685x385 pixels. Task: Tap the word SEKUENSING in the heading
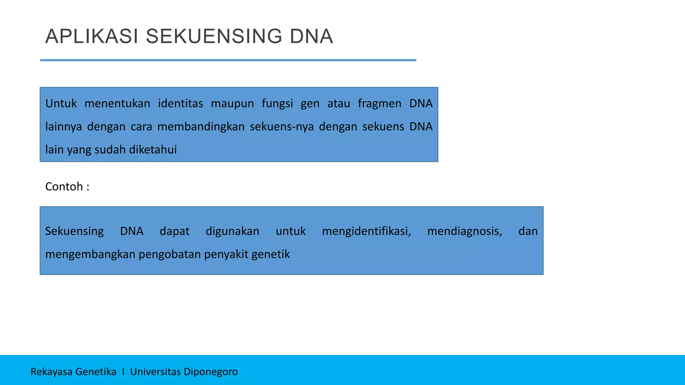coord(214,36)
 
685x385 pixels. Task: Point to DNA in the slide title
coord(311,36)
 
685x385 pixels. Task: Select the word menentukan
coord(117,104)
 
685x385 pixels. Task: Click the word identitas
coord(180,104)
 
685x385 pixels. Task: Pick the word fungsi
coord(277,104)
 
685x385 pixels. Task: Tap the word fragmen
coord(379,104)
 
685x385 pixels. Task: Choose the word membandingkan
coord(201,127)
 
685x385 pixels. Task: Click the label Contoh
coord(64,186)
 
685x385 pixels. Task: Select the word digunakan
coord(232,231)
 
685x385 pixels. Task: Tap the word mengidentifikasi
coord(366,231)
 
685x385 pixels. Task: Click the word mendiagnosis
coord(465,231)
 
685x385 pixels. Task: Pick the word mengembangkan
coord(90,254)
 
